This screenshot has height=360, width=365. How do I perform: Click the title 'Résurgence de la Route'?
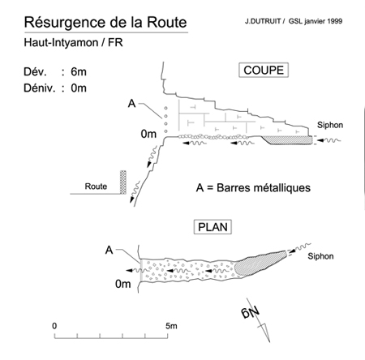(x=105, y=22)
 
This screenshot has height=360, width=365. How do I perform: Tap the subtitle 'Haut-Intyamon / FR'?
(x=73, y=43)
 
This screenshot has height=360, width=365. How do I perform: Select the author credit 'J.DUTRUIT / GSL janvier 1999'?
(x=294, y=21)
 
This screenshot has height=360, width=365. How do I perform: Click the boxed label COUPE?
(x=264, y=71)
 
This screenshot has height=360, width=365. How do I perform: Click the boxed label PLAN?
(x=213, y=227)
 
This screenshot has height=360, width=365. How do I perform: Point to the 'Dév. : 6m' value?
(x=55, y=72)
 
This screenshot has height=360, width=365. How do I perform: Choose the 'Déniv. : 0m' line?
(x=55, y=88)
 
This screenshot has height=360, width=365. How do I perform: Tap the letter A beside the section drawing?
(x=131, y=104)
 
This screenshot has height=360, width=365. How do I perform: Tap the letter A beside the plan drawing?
(x=109, y=250)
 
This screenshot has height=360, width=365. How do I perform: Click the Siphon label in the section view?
(x=330, y=125)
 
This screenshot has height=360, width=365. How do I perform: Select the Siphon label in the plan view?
(x=320, y=256)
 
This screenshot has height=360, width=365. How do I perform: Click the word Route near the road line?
(x=96, y=186)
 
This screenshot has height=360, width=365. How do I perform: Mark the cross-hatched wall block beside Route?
(x=123, y=182)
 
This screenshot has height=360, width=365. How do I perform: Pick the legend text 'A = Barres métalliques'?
(x=253, y=188)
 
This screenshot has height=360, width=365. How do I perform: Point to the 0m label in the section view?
(x=148, y=134)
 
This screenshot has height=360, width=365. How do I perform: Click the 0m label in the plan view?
(x=123, y=284)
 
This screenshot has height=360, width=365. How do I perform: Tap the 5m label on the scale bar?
(x=171, y=326)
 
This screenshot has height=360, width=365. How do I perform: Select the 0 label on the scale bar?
(x=54, y=326)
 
